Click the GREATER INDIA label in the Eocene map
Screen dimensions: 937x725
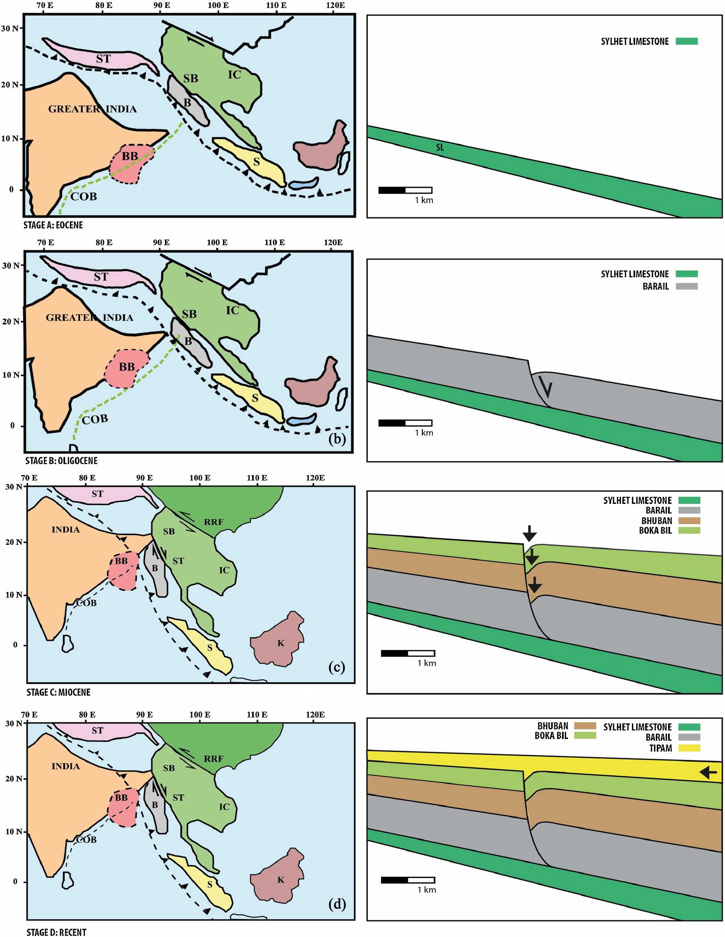coord(92,109)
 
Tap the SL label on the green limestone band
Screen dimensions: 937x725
coord(440,148)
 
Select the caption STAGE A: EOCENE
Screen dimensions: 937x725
coord(53,225)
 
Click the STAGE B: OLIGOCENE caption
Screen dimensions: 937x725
coord(61,461)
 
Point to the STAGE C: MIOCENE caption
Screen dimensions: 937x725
coord(58,692)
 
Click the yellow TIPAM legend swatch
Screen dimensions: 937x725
coord(689,748)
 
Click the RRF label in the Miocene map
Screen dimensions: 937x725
coord(213,522)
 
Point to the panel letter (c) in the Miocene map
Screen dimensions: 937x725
coord(337,667)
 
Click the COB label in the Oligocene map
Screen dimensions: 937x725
coord(95,419)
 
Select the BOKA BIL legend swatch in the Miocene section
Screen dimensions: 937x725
coord(689,530)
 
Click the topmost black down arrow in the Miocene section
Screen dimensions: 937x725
coord(529,533)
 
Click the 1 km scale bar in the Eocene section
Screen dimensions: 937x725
coord(405,190)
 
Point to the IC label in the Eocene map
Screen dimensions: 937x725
coord(234,75)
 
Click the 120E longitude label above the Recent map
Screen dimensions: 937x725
coord(315,715)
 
